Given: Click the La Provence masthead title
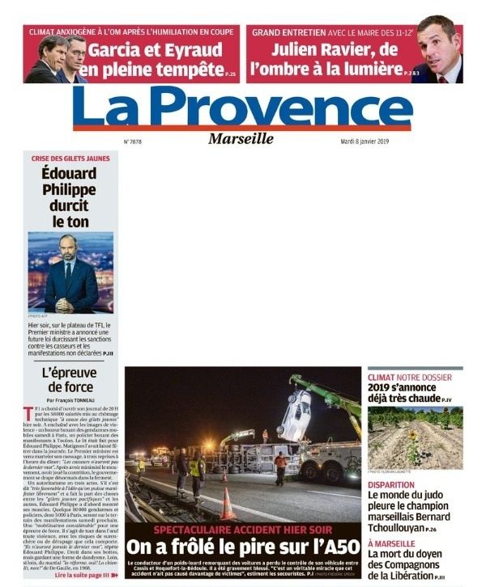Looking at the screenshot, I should click(x=242, y=107).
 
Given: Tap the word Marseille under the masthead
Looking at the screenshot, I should click(x=241, y=138).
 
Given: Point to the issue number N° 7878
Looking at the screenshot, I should click(x=134, y=141).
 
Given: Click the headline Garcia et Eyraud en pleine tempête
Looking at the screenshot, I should click(x=154, y=59).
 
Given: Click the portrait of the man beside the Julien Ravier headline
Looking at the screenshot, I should click(x=438, y=49).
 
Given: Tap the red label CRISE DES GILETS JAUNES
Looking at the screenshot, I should click(x=69, y=158).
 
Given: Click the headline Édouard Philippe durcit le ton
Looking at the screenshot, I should click(x=69, y=196).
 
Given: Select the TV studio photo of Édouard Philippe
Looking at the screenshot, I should click(x=70, y=272).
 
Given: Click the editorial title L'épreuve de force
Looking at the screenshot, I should click(x=69, y=379).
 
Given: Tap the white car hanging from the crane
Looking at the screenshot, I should click(x=294, y=414).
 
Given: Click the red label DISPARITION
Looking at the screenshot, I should click(x=391, y=485).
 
